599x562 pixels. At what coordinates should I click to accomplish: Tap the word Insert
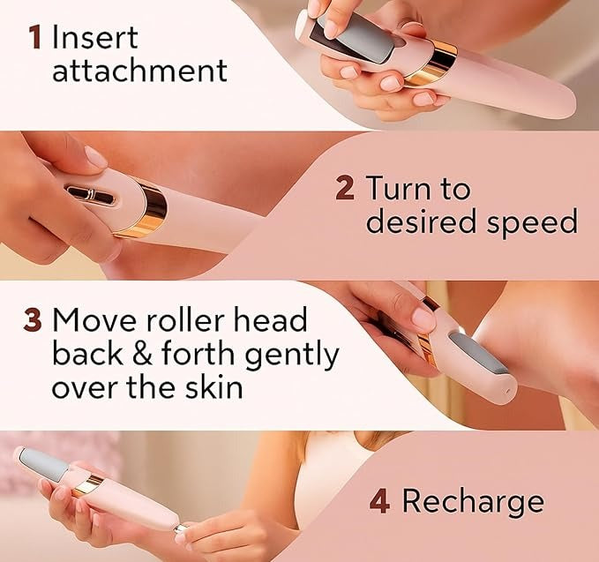[x=95, y=39]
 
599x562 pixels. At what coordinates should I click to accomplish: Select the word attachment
[x=139, y=71]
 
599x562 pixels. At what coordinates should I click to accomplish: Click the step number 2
[x=346, y=189]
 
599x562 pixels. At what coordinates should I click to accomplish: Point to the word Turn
[x=418, y=189]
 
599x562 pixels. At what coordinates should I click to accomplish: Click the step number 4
[x=379, y=502]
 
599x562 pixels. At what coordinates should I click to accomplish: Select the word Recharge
[x=473, y=502]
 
